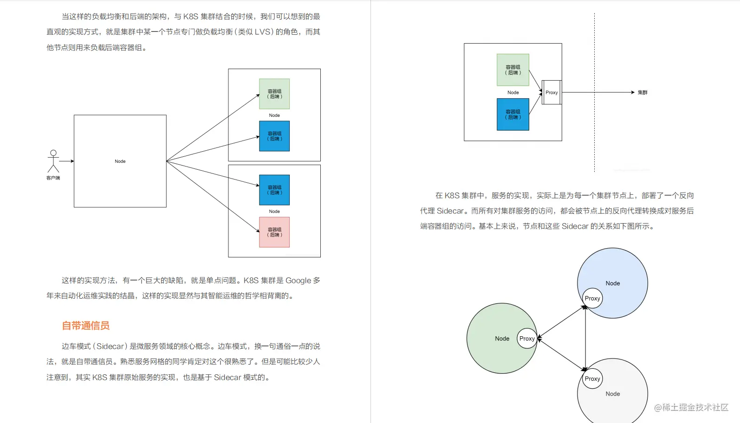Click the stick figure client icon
(53, 161)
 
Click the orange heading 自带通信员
(86, 326)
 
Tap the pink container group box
(274, 232)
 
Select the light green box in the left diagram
(274, 94)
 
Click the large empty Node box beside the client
(120, 161)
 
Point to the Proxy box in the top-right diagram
(552, 92)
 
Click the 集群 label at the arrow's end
(643, 92)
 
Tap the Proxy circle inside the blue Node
(592, 298)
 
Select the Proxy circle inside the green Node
(527, 339)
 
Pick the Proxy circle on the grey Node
(592, 378)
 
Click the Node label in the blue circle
(613, 283)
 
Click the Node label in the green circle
(502, 339)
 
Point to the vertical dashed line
(594, 139)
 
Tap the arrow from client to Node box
(66, 161)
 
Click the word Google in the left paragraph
(298, 281)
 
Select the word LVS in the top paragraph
(263, 32)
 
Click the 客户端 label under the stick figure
(53, 178)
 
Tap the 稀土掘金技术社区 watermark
(691, 407)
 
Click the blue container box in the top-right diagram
(513, 114)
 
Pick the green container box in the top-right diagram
(513, 70)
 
